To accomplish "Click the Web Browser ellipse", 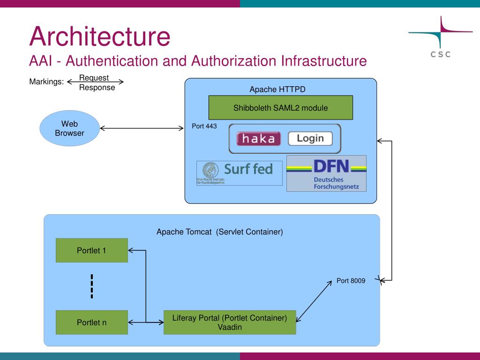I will (69, 128).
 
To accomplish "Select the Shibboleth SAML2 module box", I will (280, 107).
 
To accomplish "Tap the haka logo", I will (259, 139).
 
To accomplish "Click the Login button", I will (310, 138).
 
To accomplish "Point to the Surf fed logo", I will (240, 173).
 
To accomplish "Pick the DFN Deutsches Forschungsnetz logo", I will (326, 173).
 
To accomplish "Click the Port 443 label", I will (204, 126).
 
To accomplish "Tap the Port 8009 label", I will (351, 281).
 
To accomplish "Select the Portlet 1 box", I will (91, 250).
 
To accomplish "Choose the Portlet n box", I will (91, 322).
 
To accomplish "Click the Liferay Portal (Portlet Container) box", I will (230, 322).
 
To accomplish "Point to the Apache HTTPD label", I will (277, 90).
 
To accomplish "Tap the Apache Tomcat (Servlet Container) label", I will (219, 232).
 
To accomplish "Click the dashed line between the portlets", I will (92, 286).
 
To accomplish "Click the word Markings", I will (46, 82).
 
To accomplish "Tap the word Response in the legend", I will (97, 88).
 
